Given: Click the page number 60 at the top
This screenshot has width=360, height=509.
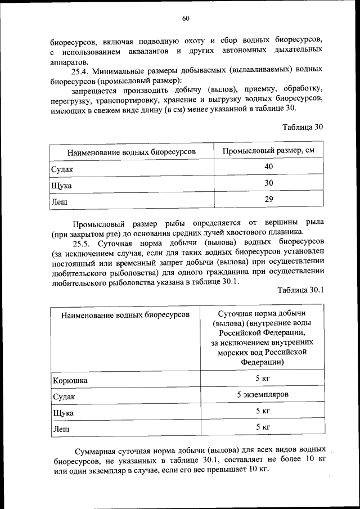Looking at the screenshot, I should tap(185, 18).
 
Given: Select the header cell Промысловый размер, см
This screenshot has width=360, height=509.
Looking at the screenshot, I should tap(268, 151).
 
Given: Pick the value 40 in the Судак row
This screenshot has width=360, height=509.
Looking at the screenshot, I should tap(268, 167).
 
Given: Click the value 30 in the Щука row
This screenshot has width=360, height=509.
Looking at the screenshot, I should tap(268, 183).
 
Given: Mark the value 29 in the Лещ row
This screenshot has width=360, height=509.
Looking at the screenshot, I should tap(268, 199).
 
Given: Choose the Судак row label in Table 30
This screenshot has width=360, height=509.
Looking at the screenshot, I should tap(63, 169).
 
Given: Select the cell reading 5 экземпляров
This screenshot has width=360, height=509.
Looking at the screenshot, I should tap(263, 395).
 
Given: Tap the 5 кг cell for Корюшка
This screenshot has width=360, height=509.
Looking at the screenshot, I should tap(263, 379).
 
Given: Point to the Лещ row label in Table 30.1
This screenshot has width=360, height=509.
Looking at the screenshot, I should tap(61, 429).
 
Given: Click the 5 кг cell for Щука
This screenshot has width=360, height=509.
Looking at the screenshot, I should tap(263, 411).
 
